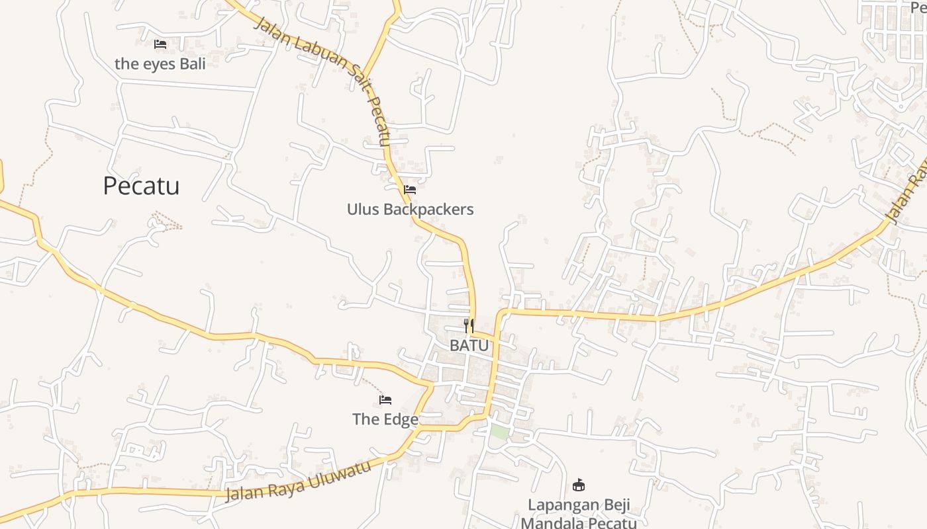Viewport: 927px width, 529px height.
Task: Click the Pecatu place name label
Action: click(141, 186)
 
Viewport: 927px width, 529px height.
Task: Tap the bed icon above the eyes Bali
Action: click(160, 44)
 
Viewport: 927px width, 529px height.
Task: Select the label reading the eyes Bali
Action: click(160, 63)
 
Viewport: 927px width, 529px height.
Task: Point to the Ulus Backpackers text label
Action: click(410, 209)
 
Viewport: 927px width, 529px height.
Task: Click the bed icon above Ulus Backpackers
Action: click(410, 190)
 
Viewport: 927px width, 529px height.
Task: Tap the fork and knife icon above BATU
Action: click(469, 325)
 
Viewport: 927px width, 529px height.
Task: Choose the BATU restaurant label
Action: click(469, 345)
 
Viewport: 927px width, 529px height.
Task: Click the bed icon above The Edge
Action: click(385, 400)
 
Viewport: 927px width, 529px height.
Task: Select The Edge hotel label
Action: click(385, 419)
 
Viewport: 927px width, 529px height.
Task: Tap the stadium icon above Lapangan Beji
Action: click(579, 485)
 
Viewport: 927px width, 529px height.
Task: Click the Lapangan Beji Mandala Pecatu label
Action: click(579, 514)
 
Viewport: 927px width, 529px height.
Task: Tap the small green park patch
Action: click(499, 432)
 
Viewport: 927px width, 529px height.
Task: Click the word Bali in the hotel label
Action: click(192, 63)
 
